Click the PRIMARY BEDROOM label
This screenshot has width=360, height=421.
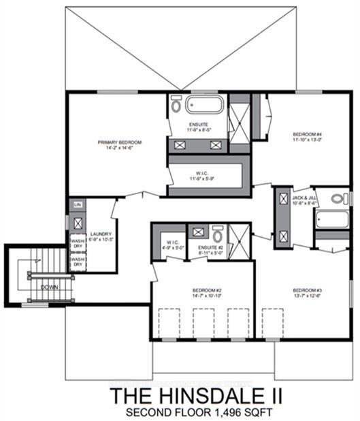coord(119,142)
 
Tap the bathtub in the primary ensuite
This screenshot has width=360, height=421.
coord(204,105)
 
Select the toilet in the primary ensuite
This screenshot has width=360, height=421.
coord(176,105)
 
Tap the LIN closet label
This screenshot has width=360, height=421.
coord(78,204)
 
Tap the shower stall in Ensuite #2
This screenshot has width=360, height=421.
coord(239,239)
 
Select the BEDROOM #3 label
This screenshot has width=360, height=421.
coord(307,290)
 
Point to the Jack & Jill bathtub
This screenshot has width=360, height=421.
coord(331,220)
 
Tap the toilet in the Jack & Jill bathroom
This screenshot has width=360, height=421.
coord(338,199)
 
